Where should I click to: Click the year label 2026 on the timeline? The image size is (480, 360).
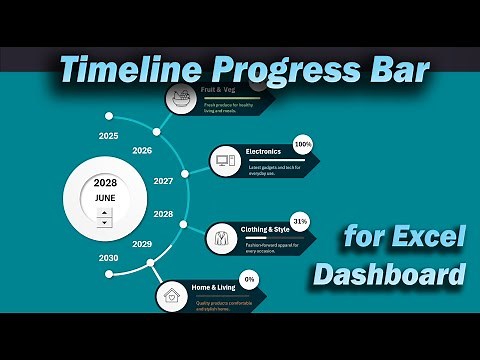pos(142,151)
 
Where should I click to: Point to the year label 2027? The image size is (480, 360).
pos(163,181)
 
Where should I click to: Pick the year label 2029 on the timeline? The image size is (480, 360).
pos(142,244)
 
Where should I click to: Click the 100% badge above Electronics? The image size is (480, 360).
pos(302,144)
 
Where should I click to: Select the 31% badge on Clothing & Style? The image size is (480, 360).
pos(299,220)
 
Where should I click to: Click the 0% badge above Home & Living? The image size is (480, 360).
pos(248,279)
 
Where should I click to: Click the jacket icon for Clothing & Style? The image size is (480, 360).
pos(220,238)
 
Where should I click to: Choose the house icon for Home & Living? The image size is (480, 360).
pos(171,296)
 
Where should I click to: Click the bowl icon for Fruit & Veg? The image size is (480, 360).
pos(180,98)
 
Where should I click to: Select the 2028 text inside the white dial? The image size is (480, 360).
pos(105,183)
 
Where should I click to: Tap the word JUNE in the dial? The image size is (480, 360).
pos(105,198)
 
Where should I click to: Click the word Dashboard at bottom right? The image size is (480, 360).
pos(390,273)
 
